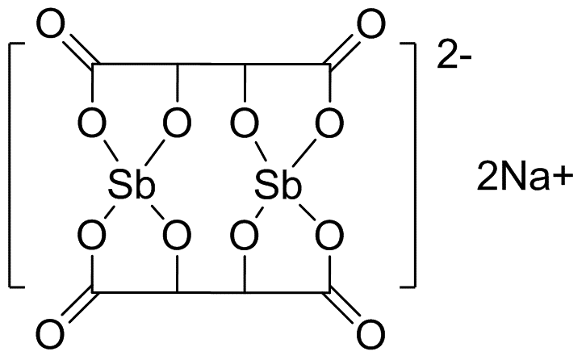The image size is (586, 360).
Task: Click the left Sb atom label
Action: [x=132, y=185]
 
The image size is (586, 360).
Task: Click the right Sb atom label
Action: [x=278, y=185]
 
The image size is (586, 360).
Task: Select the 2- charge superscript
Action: [x=454, y=56]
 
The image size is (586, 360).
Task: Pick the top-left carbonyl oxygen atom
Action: [x=51, y=24]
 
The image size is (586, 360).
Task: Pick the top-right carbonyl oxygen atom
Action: [x=371, y=24]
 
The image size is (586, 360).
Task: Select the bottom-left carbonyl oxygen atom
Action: [x=51, y=333]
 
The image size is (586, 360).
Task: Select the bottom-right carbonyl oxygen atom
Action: [x=371, y=333]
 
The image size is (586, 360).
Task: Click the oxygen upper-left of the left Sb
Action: [x=92, y=123]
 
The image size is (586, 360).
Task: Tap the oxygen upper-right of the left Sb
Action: [x=178, y=123]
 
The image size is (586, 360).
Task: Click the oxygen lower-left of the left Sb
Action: [x=92, y=236]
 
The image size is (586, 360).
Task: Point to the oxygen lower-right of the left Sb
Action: [x=178, y=236]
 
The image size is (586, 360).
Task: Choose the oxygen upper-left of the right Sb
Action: [x=245, y=123]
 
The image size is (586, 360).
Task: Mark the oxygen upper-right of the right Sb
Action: [x=329, y=123]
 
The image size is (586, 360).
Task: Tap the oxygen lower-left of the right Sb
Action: [x=245, y=236]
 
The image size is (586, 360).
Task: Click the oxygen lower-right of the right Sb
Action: [x=329, y=236]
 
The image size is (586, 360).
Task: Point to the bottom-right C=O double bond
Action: [x=342, y=307]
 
